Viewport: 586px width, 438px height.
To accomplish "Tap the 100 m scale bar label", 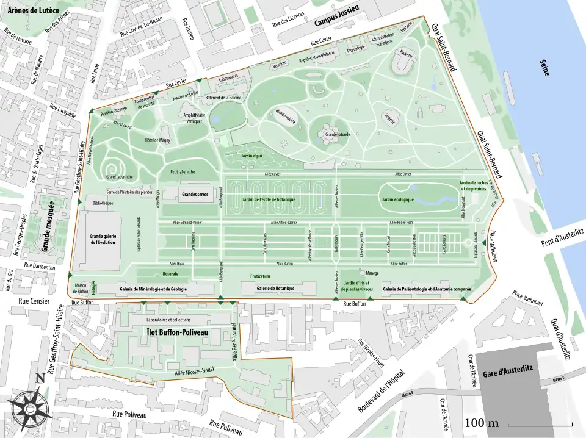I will point(482,423).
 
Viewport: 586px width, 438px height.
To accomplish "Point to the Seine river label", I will point(544,68).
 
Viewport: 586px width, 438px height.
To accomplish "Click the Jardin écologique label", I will point(398,199).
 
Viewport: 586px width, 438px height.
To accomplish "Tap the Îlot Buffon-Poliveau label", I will point(178,331).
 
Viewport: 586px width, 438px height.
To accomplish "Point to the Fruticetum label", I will point(261,276).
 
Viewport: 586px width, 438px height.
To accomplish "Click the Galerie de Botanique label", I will point(275,288).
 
